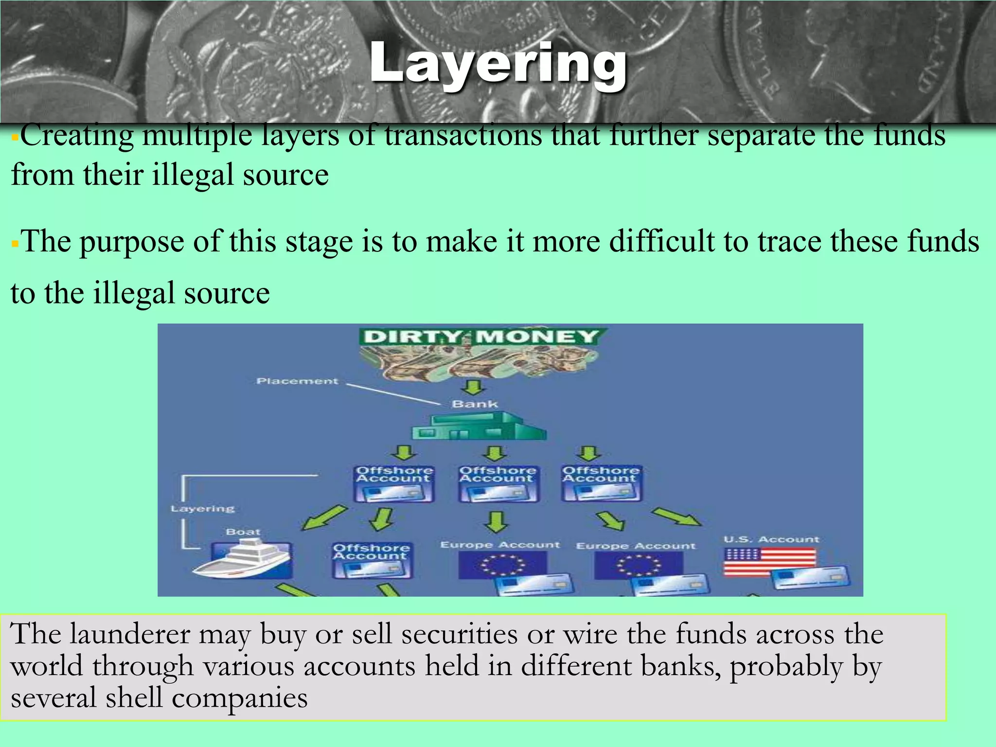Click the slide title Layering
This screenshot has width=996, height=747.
[x=498, y=63]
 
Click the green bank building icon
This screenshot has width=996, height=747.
[x=479, y=427]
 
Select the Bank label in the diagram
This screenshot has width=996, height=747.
[x=475, y=404]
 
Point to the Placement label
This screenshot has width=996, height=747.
[x=297, y=381]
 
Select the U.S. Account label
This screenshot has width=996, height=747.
[x=771, y=539]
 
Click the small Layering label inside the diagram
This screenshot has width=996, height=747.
[x=203, y=509]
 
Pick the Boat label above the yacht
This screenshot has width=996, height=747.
[x=243, y=532]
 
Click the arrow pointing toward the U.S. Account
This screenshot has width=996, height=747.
[x=677, y=516]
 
